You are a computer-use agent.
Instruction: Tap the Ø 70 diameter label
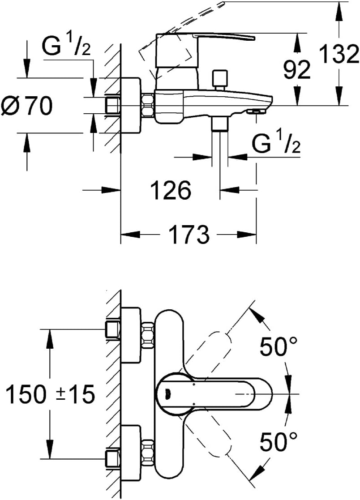(x=26, y=106)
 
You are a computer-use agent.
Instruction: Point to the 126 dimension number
(x=171, y=190)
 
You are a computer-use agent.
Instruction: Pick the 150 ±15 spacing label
(x=51, y=394)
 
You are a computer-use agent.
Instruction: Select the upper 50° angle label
(x=279, y=346)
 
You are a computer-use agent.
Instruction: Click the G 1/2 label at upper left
(x=66, y=47)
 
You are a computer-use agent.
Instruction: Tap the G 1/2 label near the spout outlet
(x=276, y=144)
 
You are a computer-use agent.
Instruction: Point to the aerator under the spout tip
(x=256, y=111)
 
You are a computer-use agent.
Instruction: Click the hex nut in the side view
(x=148, y=106)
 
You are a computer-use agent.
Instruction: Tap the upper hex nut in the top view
(x=148, y=335)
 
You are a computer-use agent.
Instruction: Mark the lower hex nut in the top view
(x=148, y=452)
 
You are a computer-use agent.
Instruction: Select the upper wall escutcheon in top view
(x=131, y=335)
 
